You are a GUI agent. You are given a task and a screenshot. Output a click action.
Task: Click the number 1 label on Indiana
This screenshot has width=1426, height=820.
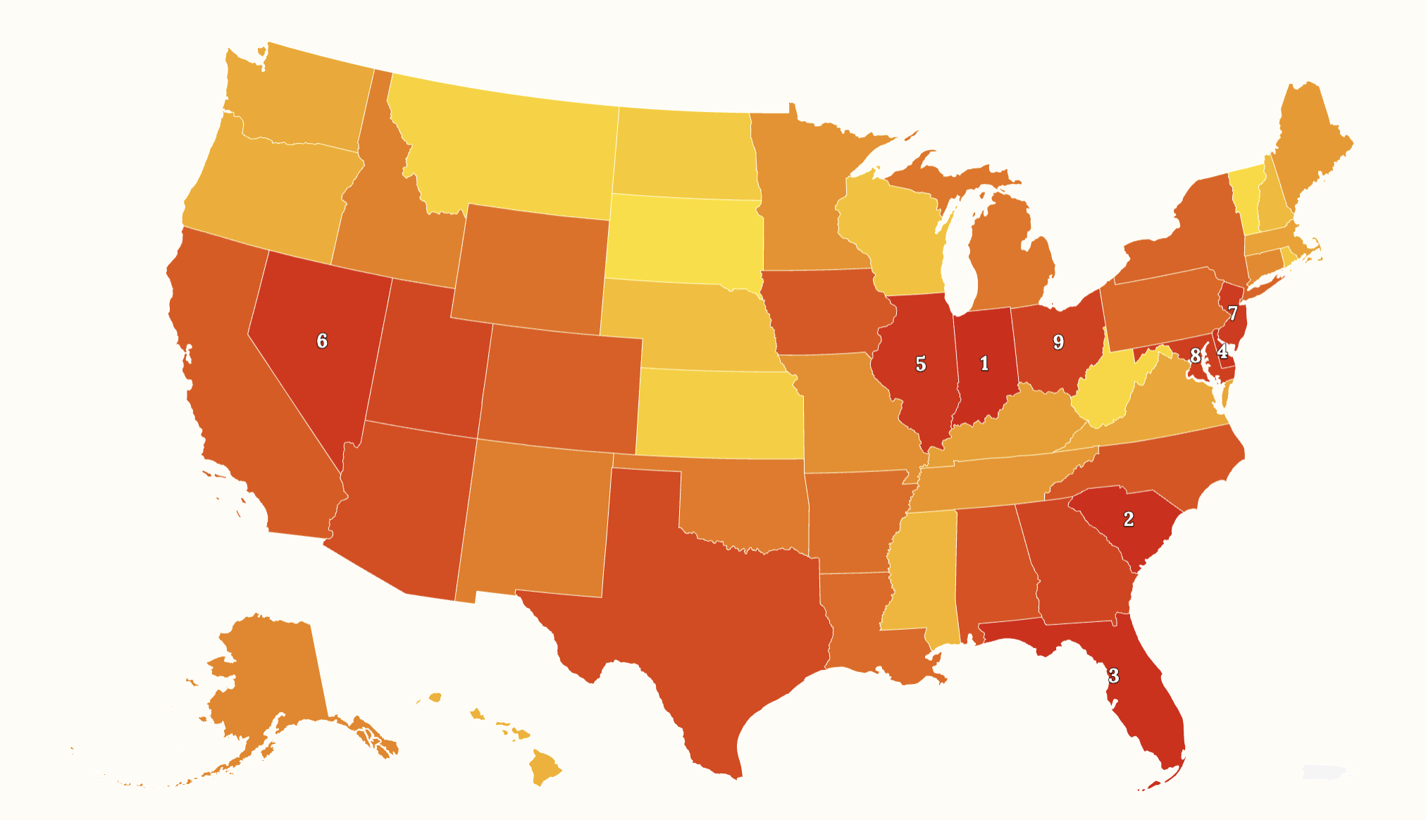pos(984,364)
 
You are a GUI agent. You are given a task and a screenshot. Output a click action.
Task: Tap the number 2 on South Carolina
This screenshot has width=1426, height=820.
pos(1128,519)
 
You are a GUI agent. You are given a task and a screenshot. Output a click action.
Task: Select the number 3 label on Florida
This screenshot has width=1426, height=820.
pos(1113,676)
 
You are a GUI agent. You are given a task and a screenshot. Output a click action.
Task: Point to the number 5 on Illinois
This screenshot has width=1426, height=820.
pos(920,364)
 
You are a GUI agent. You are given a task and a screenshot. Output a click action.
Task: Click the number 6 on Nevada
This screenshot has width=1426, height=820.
pos(322,341)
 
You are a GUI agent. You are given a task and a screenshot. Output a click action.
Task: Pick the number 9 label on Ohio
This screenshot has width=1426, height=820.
pos(1058,342)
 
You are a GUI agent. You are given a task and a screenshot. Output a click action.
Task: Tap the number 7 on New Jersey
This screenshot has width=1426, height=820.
pos(1232,313)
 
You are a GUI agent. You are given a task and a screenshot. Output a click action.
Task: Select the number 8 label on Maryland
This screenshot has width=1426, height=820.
pos(1195,356)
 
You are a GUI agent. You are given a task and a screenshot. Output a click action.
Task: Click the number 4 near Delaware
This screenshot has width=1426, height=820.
pos(1222,352)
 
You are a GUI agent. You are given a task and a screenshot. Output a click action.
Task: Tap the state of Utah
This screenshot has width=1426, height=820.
pos(426,359)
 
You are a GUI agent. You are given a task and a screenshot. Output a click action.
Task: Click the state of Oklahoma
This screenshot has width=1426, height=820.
pos(747,500)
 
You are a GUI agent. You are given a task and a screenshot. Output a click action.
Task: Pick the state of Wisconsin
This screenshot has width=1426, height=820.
pos(891,232)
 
